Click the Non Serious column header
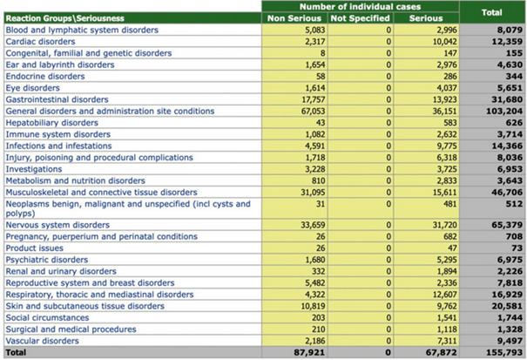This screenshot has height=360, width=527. (x=294, y=17)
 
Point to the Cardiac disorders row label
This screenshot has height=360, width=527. (x=39, y=41)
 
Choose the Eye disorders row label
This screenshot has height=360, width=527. (x=32, y=87)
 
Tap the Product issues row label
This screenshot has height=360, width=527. (x=35, y=248)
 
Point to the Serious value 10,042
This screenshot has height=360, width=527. (x=441, y=41)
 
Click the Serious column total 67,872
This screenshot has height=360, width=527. (x=440, y=354)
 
